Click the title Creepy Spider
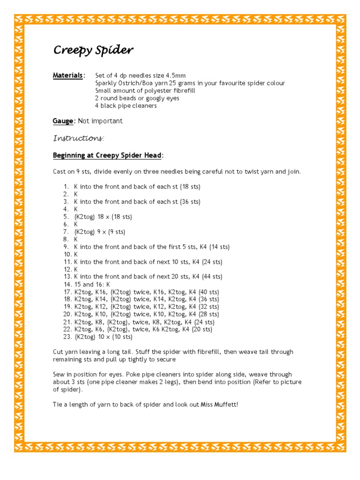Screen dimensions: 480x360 [93, 50]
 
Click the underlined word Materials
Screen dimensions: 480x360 [68, 75]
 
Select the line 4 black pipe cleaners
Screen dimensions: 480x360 [126, 105]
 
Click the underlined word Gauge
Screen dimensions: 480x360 [63, 121]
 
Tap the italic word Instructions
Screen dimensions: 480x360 [78, 138]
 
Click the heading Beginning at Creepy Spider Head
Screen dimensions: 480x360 [108, 155]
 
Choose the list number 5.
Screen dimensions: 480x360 [66, 217]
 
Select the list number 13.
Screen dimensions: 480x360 [67, 277]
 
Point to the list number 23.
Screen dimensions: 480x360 [67, 337]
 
